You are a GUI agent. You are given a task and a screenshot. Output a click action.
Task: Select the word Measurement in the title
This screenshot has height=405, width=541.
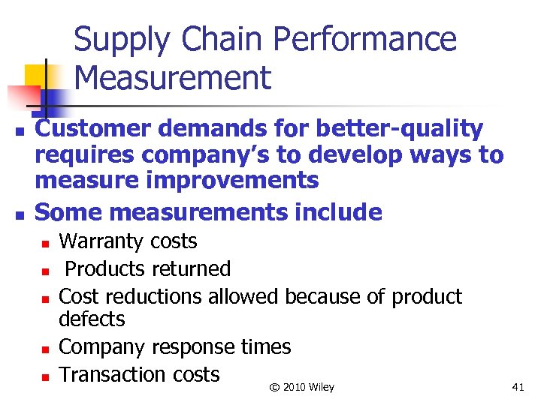point(173,78)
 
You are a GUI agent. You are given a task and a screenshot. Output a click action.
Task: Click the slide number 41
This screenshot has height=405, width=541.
point(518,387)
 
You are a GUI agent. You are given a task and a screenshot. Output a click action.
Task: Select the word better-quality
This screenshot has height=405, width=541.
point(407,129)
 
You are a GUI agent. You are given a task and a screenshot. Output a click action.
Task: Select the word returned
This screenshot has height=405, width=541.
point(192,268)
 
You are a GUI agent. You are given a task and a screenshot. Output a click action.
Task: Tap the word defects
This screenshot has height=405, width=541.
point(92,319)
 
